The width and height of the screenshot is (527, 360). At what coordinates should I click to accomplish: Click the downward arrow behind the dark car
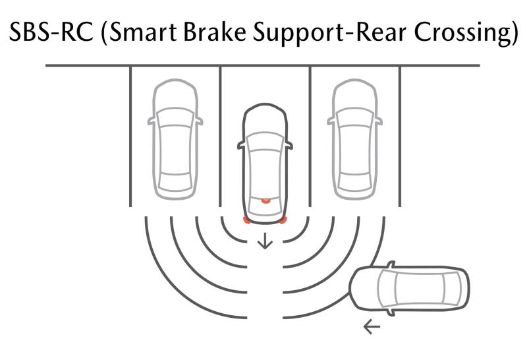265,241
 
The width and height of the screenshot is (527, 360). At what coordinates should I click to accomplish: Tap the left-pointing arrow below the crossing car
372,326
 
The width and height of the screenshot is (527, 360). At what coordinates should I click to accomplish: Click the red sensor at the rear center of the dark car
265,200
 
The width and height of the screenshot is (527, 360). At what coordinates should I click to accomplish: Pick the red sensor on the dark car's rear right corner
283,220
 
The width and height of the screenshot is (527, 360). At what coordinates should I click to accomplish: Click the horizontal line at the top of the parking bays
263,66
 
